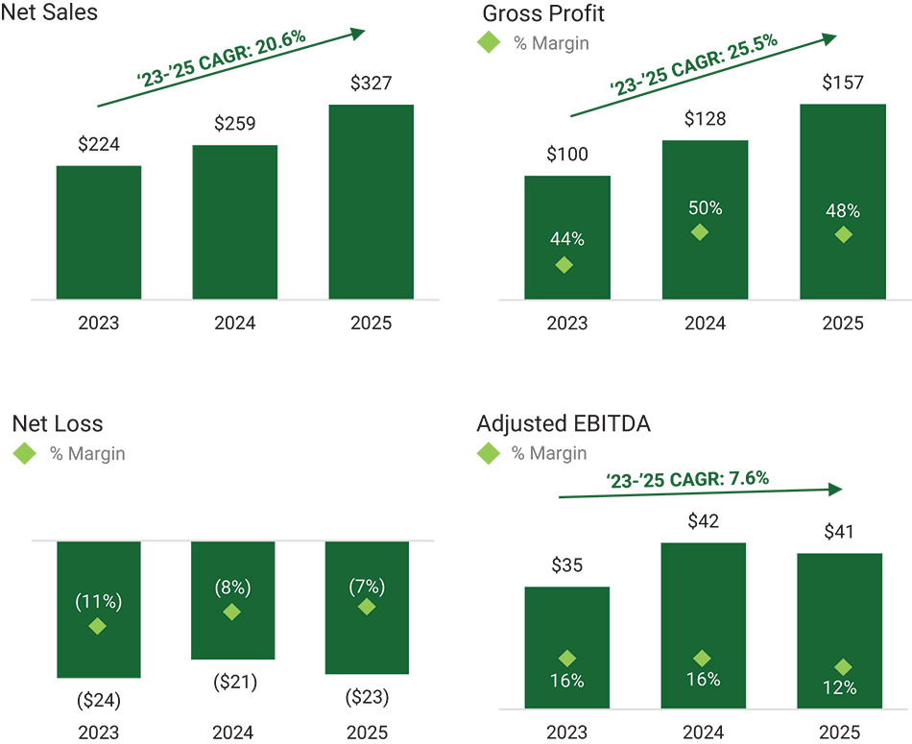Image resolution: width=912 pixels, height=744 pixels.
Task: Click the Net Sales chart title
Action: click(50, 14)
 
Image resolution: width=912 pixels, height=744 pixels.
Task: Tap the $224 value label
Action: click(99, 145)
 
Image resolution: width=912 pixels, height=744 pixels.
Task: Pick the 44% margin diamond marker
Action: click(564, 265)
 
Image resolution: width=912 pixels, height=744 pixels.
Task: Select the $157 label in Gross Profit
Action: click(842, 84)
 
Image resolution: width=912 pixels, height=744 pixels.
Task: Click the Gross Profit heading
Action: click(543, 14)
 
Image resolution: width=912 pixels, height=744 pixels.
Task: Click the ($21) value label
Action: click(233, 683)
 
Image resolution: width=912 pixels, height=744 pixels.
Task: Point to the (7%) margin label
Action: click(367, 584)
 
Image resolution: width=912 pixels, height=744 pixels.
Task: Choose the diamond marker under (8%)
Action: click(231, 612)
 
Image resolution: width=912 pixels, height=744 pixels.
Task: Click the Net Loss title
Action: click(58, 423)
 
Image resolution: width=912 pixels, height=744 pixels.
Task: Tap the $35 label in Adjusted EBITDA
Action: click(567, 565)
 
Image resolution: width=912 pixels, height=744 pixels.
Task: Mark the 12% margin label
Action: click(840, 687)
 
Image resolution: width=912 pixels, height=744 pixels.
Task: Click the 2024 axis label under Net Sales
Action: click(235, 323)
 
